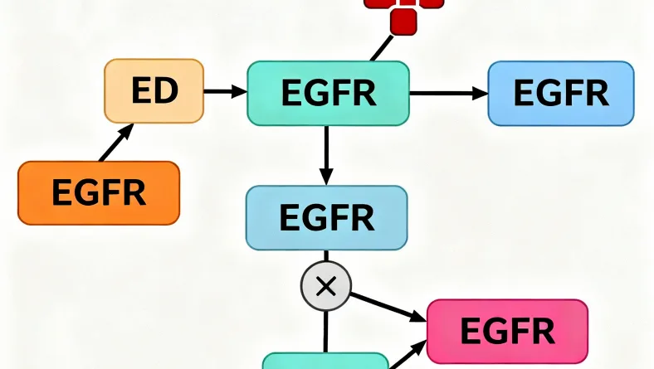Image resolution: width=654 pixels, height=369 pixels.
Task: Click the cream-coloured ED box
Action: point(154,91)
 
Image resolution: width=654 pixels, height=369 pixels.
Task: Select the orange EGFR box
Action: point(99,193)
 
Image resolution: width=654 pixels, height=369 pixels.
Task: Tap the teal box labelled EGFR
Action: point(329,93)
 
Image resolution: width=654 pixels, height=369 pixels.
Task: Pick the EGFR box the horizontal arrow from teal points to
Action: point(561,93)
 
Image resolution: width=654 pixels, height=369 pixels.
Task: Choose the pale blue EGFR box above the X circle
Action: point(326,218)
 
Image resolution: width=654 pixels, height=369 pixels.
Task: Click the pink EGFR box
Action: point(506,332)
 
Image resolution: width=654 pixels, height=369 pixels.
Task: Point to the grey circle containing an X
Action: point(325,287)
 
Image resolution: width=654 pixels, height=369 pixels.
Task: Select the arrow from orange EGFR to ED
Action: point(117,143)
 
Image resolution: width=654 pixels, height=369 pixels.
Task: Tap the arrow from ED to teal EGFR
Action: point(225,91)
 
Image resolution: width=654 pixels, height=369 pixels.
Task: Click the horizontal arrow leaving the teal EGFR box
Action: point(448,93)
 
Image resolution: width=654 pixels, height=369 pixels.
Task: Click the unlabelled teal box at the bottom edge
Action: point(325,362)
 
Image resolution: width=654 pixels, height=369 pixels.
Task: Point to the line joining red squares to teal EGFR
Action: point(381,47)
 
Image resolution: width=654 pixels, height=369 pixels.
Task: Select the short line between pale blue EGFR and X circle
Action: point(326,257)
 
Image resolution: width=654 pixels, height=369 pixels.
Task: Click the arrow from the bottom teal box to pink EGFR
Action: point(407,357)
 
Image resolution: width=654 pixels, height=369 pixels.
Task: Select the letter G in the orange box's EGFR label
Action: point(85,193)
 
